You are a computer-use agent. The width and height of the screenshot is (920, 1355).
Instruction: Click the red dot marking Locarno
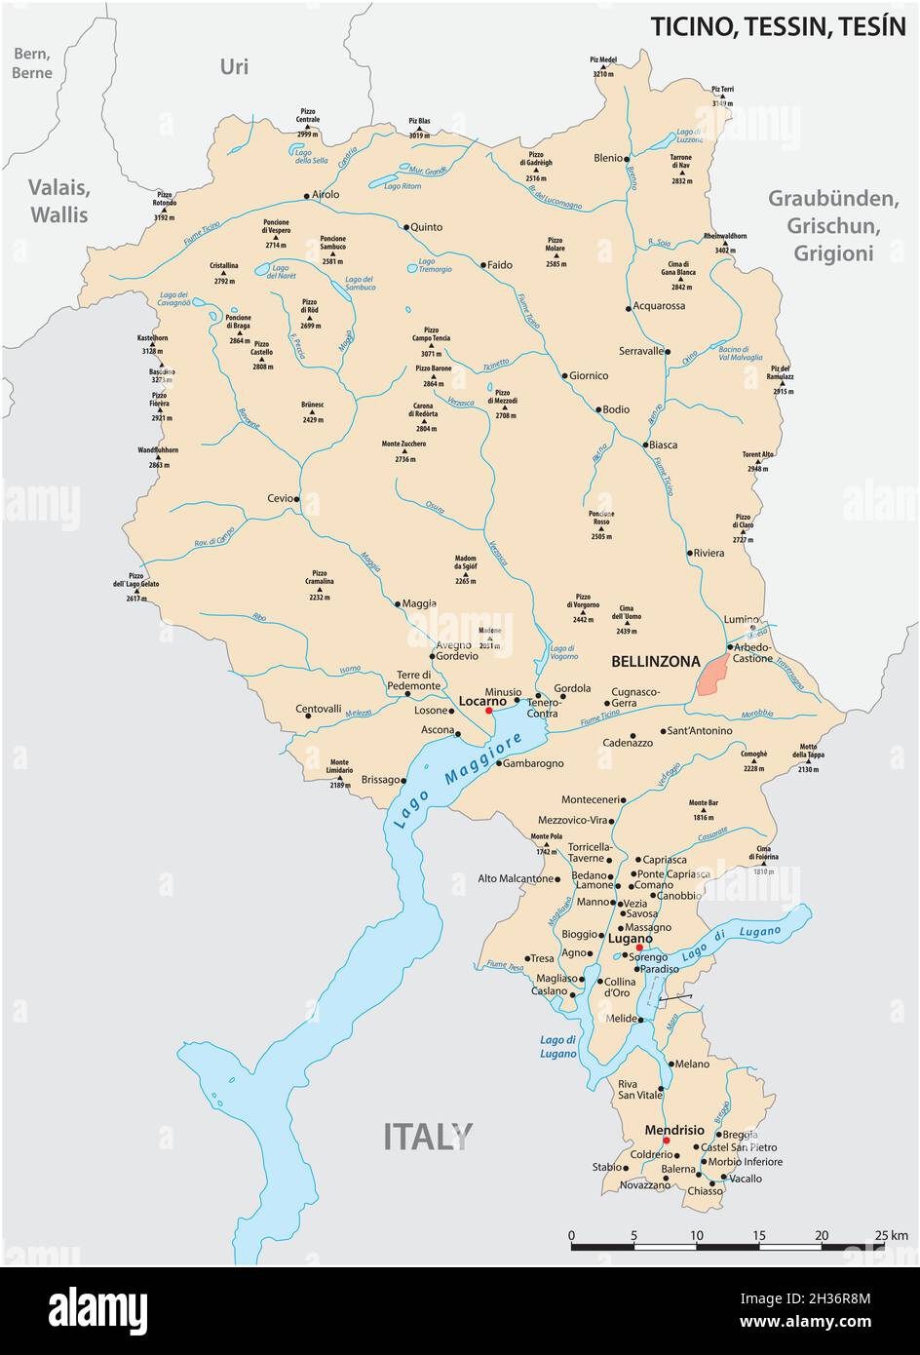click(x=488, y=711)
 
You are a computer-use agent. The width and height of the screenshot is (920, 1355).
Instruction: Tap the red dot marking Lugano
click(x=639, y=948)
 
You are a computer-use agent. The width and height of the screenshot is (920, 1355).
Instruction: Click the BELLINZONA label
click(x=655, y=662)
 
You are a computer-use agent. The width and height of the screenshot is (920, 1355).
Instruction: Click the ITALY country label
click(x=428, y=1136)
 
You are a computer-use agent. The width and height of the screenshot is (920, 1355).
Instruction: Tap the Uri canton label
click(x=234, y=66)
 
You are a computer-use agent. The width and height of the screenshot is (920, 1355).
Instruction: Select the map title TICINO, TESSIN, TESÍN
click(x=778, y=26)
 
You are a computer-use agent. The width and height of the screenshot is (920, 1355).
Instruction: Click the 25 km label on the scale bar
click(x=891, y=1235)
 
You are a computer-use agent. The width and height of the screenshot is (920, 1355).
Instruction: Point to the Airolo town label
click(x=326, y=195)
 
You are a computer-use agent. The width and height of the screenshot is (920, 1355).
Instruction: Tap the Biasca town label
click(x=663, y=445)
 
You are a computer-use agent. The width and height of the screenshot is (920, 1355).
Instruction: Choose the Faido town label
click(x=500, y=264)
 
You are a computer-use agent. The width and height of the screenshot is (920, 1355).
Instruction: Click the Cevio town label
click(x=279, y=498)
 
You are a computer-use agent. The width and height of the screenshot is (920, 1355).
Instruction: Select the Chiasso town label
click(x=705, y=1190)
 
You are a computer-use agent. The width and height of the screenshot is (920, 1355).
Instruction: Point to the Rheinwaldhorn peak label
click(x=725, y=237)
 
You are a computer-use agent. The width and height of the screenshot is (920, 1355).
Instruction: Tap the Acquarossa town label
click(x=659, y=306)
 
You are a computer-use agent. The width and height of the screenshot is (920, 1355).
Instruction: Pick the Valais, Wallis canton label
click(x=58, y=201)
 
